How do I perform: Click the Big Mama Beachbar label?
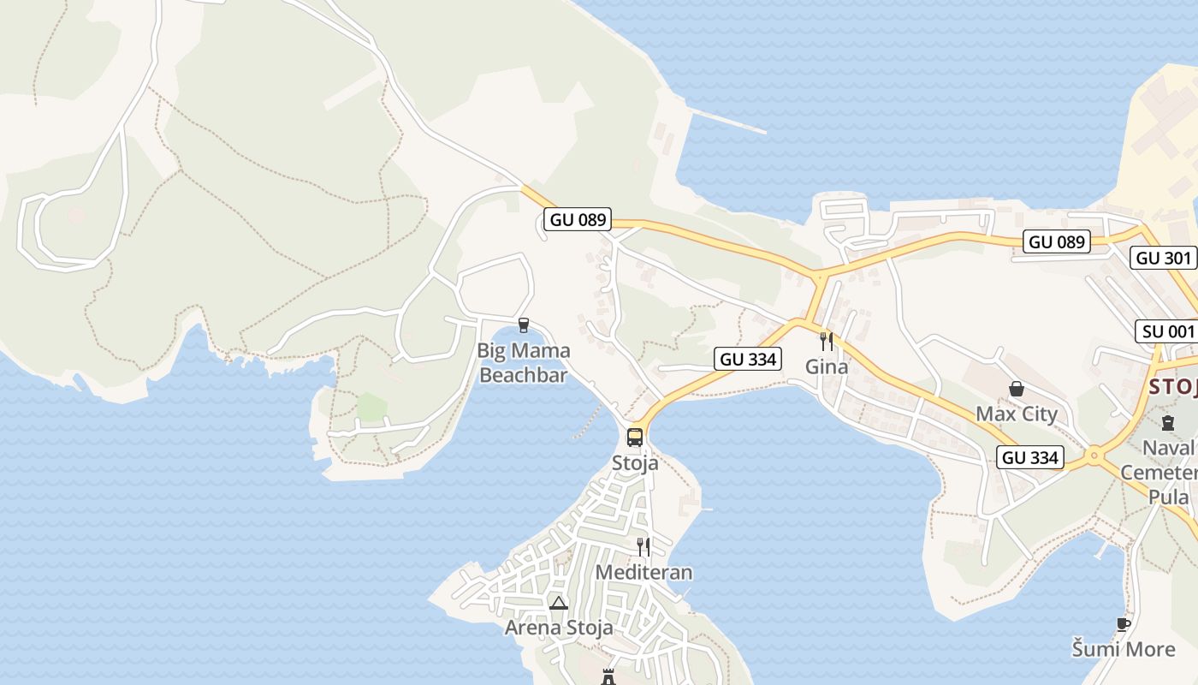click(523, 363)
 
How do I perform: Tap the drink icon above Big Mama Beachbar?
click(524, 325)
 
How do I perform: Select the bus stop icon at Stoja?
click(635, 437)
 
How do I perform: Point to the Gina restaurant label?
click(827, 367)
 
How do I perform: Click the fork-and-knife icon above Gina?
click(827, 341)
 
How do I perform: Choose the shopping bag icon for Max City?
click(1017, 389)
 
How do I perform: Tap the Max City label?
click(1017, 414)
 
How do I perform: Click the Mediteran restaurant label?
click(643, 572)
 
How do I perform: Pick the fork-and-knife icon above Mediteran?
click(643, 546)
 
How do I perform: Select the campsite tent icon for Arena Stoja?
click(559, 603)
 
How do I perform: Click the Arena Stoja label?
click(559, 628)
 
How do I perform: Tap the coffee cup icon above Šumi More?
click(1124, 624)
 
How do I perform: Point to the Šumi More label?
click(1124, 649)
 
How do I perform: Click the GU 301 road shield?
click(1163, 258)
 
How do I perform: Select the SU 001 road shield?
click(1166, 331)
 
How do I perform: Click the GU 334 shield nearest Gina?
click(749, 360)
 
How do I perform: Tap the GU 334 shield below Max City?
click(1030, 458)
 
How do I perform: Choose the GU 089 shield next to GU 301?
click(1057, 242)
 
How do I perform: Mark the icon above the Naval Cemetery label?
click(1168, 422)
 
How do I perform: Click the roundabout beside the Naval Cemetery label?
click(1094, 456)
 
